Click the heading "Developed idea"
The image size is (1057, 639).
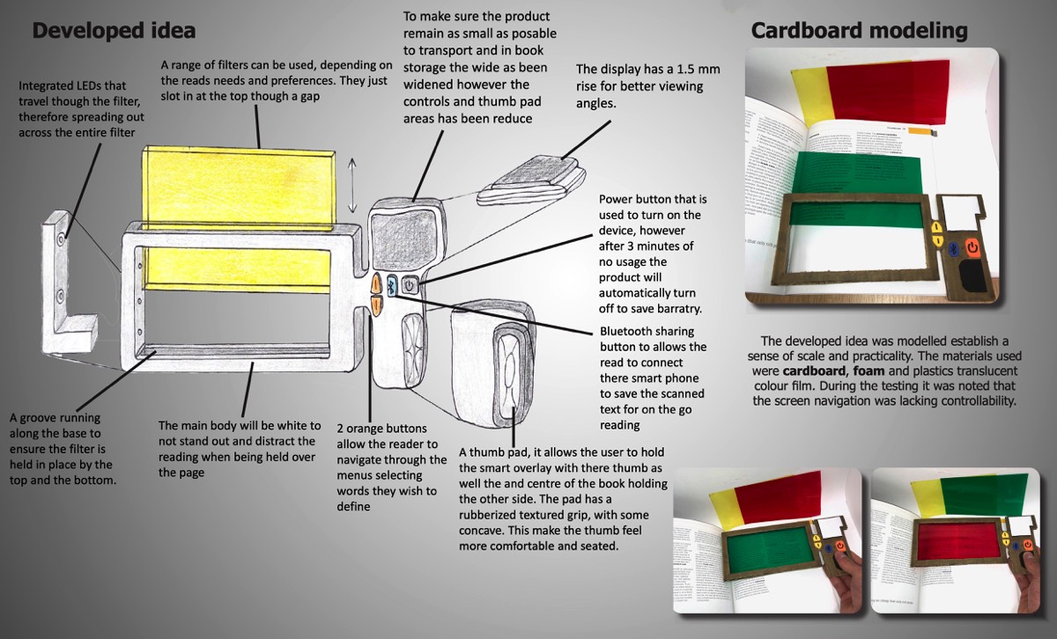[114, 32]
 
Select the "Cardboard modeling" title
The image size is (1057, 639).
[859, 32]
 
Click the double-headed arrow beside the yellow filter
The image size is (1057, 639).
[352, 185]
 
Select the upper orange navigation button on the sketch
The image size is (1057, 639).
[376, 284]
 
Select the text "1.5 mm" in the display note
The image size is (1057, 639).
[694, 69]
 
